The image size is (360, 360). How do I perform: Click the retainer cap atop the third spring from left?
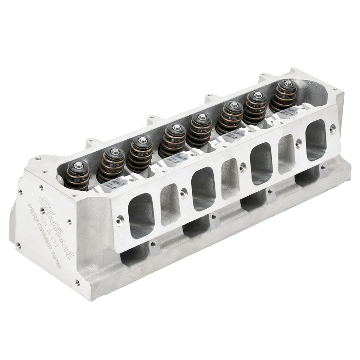[x=142, y=140]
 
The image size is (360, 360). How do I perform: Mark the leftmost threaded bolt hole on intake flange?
[x=120, y=220]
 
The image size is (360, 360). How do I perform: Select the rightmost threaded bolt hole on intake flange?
[x=332, y=129]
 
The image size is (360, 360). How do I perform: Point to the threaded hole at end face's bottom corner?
[x=77, y=283]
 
